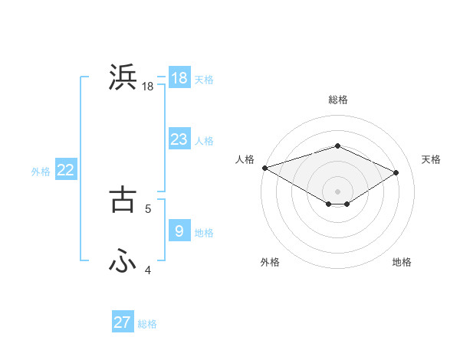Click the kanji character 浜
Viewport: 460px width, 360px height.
coord(123,78)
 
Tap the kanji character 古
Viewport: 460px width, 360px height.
coord(123,199)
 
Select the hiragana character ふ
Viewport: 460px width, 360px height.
coord(123,261)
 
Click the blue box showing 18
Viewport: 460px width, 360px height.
coord(179,78)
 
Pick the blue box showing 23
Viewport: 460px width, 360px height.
coord(179,139)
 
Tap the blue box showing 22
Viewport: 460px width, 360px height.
coord(65,171)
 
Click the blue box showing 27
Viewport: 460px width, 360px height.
coord(123,322)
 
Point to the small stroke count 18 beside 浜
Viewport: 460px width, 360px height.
coord(148,87)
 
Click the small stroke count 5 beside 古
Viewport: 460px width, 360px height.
coord(148,208)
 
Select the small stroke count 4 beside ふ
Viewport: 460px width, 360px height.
coord(148,270)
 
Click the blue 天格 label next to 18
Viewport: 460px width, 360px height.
coord(204,80)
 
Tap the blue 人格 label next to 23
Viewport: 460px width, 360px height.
coord(204,141)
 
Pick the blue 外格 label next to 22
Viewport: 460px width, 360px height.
coord(41,172)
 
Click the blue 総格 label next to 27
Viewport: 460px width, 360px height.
coord(147,324)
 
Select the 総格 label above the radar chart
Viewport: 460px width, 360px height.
coord(338,100)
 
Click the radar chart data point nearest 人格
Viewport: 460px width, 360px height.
coord(264,168)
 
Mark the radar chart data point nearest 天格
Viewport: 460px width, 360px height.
coord(396,172)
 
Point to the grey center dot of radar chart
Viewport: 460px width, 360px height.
coord(337,190)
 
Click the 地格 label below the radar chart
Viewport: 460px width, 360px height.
coord(402,262)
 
